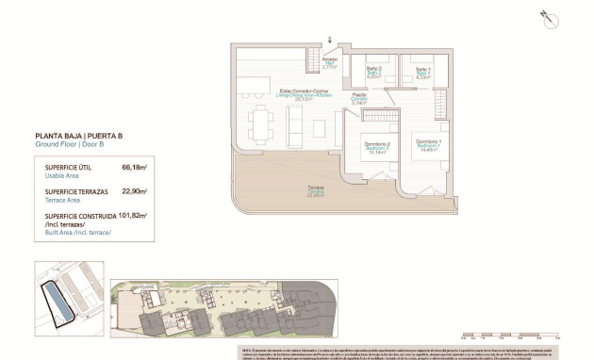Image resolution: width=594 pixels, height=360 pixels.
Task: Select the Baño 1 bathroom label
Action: coord(422,74)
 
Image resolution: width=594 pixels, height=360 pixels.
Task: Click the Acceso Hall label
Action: coord(329,64)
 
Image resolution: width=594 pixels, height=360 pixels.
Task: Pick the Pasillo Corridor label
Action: coord(359,98)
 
